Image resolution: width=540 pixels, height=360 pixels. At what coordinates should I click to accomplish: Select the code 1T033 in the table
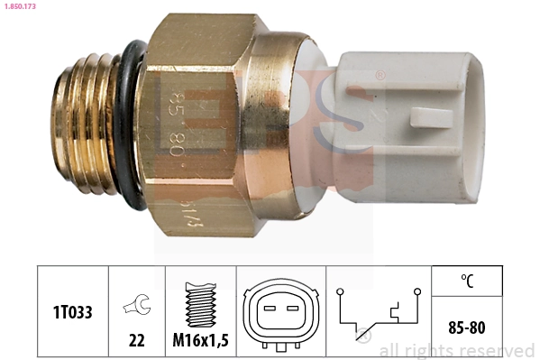72,310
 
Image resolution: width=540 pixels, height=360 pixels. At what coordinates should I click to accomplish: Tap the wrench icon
136,307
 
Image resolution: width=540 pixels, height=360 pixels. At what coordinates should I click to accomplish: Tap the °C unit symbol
466,281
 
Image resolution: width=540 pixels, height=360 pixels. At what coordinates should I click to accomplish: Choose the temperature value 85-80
466,323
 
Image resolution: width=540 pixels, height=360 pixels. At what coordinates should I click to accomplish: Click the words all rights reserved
456,350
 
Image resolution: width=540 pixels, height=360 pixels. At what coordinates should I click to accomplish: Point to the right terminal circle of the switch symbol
417,291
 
